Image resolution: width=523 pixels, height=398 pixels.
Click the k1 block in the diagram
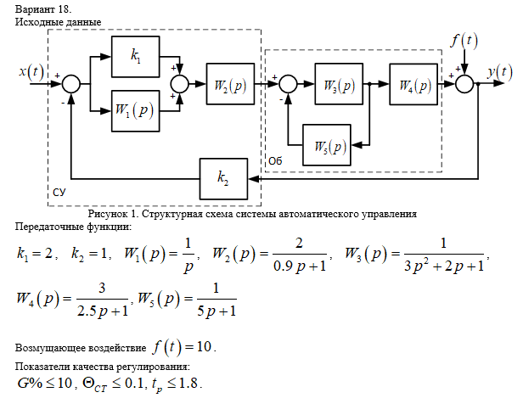coord(136,56)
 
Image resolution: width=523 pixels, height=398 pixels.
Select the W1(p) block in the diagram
coord(136,111)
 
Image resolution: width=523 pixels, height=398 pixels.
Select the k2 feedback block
coord(222,178)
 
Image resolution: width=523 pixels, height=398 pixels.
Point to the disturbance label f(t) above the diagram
coord(464,40)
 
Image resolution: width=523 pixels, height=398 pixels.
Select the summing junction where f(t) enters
coord(464,83)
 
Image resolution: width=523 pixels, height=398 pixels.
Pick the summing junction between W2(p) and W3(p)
coord(288,83)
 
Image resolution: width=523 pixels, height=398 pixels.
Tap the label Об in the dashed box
coord(274,160)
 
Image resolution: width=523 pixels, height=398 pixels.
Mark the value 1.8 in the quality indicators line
coord(191,384)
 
